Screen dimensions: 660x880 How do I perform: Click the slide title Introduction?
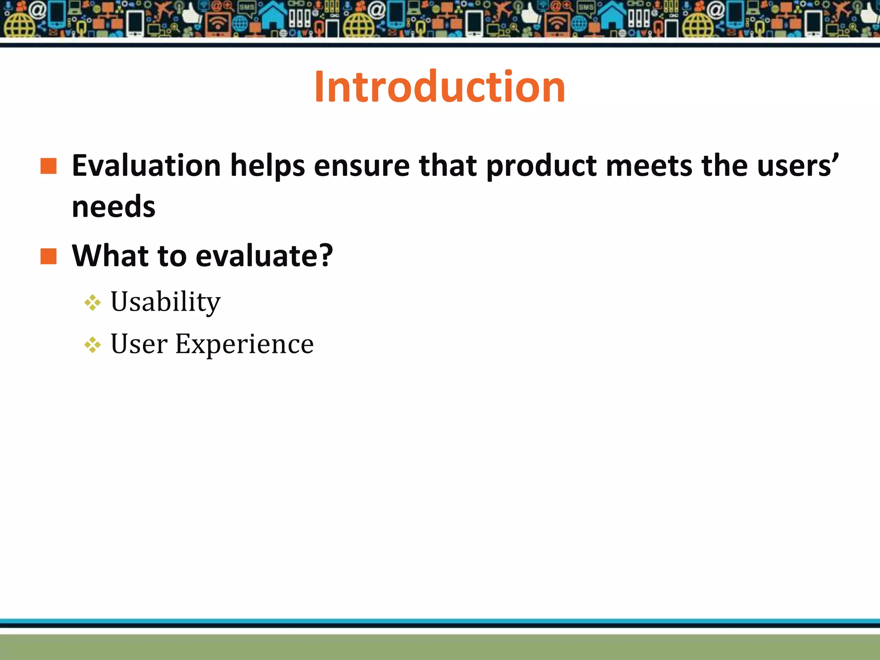(440, 87)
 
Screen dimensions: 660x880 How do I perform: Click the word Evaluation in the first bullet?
(146, 166)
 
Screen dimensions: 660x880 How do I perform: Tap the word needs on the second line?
(113, 207)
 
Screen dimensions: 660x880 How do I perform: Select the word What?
(110, 256)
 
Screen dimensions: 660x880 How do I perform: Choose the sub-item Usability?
(165, 302)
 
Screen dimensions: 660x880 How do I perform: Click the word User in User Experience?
(139, 344)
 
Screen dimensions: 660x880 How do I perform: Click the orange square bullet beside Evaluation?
(49, 166)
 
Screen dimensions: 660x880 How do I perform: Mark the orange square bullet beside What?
(49, 257)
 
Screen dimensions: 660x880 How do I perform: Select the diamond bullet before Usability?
(92, 303)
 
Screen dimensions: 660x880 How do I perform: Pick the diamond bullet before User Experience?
(92, 345)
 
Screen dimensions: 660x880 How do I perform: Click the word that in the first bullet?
(448, 166)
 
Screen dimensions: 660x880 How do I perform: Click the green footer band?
(440, 646)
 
